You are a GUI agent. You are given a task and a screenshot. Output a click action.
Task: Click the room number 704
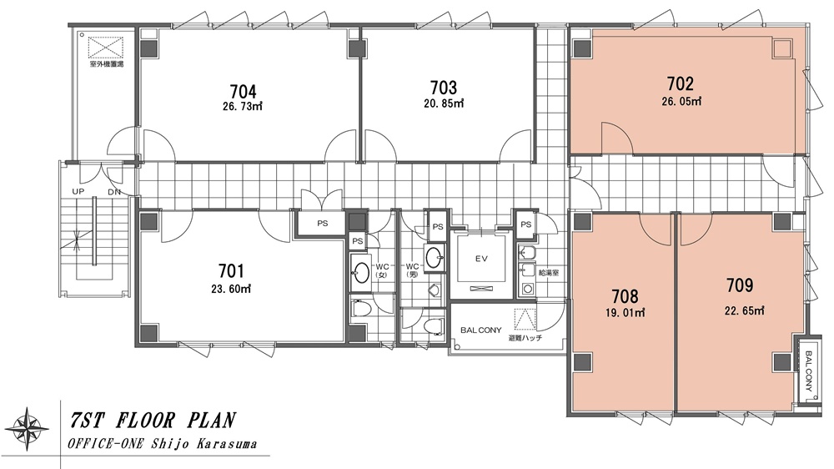coord(243,92)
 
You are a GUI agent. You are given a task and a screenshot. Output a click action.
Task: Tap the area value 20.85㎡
coord(444,103)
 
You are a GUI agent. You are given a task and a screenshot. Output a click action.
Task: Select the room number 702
coord(681,84)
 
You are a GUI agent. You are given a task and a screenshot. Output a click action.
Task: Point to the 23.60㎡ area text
coord(231,289)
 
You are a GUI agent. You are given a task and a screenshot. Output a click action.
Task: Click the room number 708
coord(625,296)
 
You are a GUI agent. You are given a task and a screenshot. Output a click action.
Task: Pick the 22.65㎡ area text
coord(744,310)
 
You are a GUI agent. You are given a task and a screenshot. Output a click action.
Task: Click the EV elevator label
coord(481,260)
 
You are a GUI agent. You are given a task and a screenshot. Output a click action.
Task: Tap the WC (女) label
coord(383,270)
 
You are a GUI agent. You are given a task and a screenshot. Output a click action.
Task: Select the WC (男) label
coord(413,270)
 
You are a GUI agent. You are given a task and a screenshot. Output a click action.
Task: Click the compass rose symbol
coord(26,429)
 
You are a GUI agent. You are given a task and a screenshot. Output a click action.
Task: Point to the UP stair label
coord(78,191)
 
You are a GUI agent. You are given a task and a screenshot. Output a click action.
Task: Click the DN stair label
coord(113,192)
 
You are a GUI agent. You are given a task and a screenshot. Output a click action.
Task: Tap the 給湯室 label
coord(549,273)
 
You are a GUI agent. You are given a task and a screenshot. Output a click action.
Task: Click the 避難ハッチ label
coord(525,337)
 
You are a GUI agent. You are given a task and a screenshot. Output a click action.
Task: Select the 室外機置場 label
coord(107,64)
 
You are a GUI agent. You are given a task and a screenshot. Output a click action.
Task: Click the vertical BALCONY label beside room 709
coord(808,371)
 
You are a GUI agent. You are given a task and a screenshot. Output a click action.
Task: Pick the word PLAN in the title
coord(211,421)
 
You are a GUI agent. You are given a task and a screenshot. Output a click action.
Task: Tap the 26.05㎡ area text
coord(681,101)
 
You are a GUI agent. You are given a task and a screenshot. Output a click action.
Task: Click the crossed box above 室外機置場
coord(106,48)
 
